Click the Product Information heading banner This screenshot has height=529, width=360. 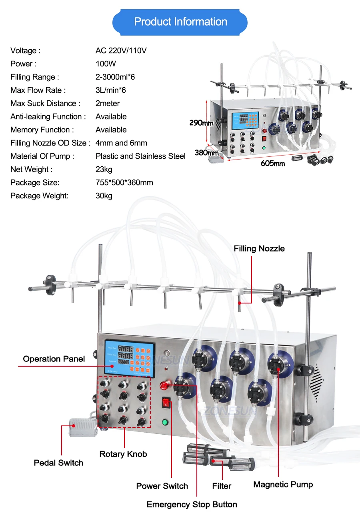click(x=180, y=22)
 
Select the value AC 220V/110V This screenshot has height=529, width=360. click(x=121, y=51)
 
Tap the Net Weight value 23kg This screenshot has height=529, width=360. click(x=104, y=170)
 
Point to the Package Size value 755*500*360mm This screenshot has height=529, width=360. click(x=124, y=183)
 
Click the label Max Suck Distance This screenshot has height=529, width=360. click(x=45, y=104)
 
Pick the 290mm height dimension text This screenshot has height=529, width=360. click(x=201, y=123)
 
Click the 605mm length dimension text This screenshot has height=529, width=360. click(x=272, y=163)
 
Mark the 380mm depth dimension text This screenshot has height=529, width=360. click(x=206, y=153)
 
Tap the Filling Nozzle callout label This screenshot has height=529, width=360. click(x=259, y=249)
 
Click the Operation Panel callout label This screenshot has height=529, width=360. click(x=54, y=359)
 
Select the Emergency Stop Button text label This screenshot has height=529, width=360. click(x=192, y=505)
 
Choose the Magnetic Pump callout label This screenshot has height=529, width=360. click(x=283, y=485)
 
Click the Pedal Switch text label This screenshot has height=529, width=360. click(x=58, y=463)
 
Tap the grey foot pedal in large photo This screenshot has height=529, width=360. click(x=82, y=427)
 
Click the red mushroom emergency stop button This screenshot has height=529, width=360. click(x=164, y=386)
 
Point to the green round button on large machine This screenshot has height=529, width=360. click(x=165, y=422)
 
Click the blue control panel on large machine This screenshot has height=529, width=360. click(x=130, y=358)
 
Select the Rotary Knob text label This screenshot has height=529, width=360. click(x=123, y=454)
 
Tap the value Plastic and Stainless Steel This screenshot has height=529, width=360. click(x=140, y=156)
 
